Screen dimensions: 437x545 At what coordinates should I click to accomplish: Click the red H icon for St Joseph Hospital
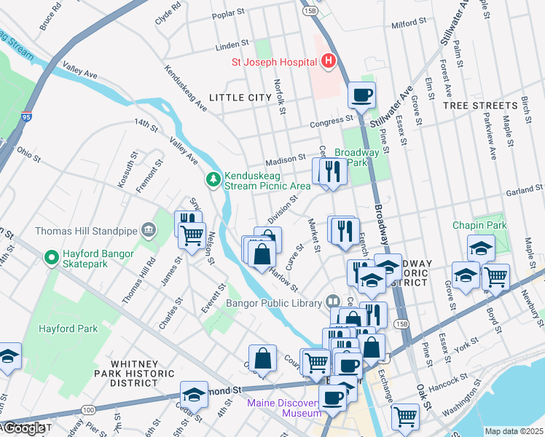329,61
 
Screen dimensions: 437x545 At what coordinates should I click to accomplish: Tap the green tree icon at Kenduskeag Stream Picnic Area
213,178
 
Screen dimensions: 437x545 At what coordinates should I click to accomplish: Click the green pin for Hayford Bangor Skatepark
51,258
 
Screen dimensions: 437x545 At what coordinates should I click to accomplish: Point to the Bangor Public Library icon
333,301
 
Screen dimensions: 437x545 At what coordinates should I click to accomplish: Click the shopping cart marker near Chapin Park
495,276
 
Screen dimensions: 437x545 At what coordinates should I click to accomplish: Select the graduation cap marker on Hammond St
194,394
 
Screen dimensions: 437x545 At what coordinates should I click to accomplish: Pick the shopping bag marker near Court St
262,358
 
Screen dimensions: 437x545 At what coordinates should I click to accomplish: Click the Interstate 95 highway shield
26,116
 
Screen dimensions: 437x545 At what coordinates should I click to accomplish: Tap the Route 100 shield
88,411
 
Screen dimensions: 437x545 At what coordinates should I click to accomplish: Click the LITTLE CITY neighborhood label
240,97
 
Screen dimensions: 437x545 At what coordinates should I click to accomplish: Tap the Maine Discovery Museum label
284,408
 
